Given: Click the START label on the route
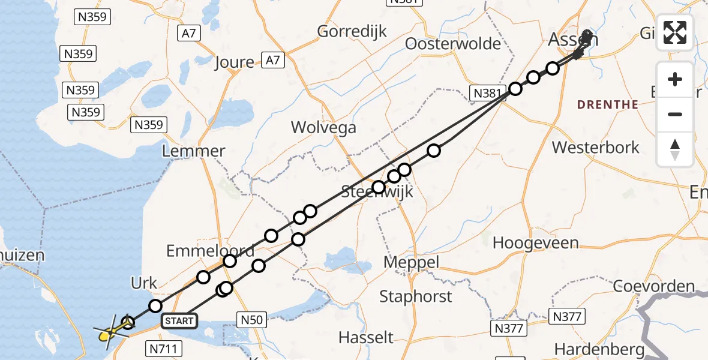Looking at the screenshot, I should coord(179,321).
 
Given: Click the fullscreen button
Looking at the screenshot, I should coord(675,32).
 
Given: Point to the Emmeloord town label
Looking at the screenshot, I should coord(209,250).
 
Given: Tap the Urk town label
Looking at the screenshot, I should coord(144,283).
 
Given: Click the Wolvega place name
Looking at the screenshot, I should coord(323,127).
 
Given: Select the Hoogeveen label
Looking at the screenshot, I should coord(535,243).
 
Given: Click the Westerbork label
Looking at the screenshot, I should coord(596,147).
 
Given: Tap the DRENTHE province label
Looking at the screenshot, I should coord(608,104).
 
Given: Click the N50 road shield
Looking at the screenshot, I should coord(252,320).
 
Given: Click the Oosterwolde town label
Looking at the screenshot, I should coord(453,44).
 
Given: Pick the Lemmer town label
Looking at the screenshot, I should coord(193,151).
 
